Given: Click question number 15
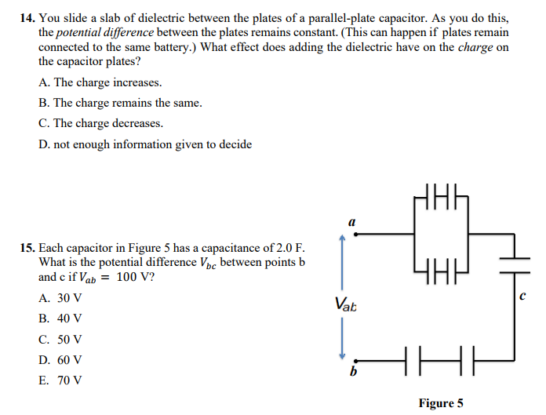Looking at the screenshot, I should pos(27,248).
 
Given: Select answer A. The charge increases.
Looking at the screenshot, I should pos(100,82).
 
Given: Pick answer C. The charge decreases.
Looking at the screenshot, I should pos(100,123).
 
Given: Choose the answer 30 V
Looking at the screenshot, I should pos(60,299).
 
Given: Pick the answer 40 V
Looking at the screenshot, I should pos(60,319).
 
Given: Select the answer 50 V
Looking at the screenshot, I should pos(60,340).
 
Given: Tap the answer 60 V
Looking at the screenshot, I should pos(60,360).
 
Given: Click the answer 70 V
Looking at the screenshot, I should pos(60,380).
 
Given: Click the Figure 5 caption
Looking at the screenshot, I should pos(441,403).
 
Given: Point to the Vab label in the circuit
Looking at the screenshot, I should pos(345,304).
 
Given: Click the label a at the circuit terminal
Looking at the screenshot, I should pos(351,222).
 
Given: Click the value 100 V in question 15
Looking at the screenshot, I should pos(135,277).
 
